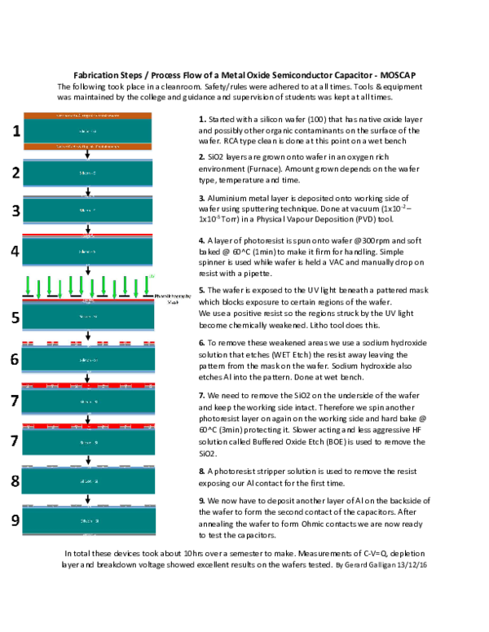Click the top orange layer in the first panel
click(x=88, y=116)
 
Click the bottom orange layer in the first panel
click(x=88, y=147)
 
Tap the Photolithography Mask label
click(x=172, y=299)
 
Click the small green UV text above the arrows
click(x=152, y=277)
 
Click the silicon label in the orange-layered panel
click(x=88, y=131)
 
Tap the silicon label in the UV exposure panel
click(x=88, y=316)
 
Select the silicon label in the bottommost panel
click(x=89, y=520)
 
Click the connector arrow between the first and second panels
click(x=88, y=155)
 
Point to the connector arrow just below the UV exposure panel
click(x=88, y=336)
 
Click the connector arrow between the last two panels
click(x=88, y=498)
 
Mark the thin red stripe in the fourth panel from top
click(x=88, y=235)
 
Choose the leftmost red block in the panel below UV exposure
click(x=27, y=344)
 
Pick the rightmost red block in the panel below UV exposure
click(x=149, y=344)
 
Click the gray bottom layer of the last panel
click(x=89, y=534)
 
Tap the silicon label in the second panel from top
click(x=88, y=173)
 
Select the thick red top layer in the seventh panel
click(x=88, y=384)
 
